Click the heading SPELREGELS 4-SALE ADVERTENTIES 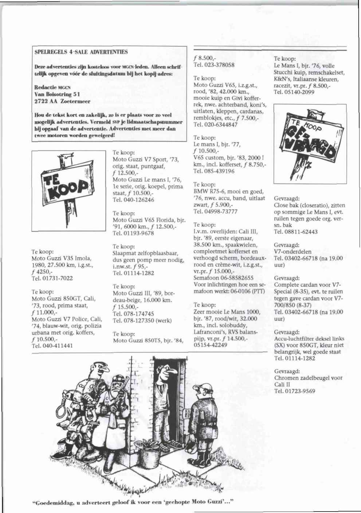81,52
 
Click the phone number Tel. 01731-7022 52,278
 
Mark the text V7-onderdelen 293,252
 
